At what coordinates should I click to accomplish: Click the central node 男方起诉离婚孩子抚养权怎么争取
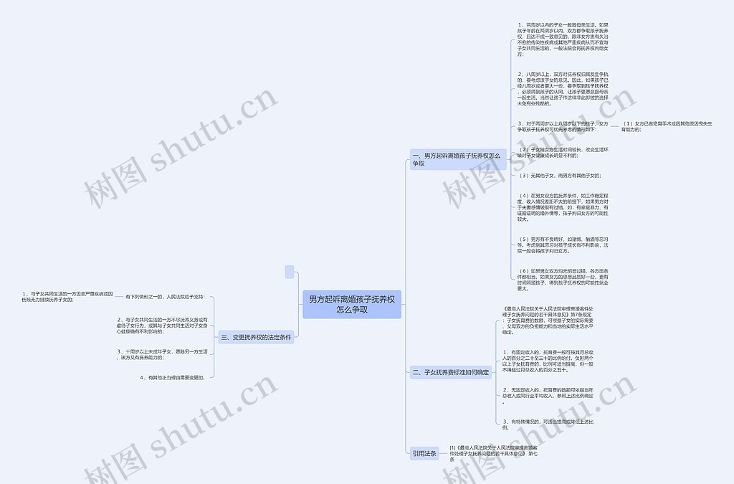[351, 304]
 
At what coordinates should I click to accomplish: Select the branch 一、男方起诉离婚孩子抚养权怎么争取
[456, 159]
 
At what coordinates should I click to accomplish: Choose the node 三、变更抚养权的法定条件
[256, 337]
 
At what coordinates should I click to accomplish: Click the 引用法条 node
[424, 453]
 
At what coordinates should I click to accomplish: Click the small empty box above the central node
[290, 272]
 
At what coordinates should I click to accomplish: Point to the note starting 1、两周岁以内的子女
[563, 39]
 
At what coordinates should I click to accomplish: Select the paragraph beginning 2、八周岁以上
[563, 88]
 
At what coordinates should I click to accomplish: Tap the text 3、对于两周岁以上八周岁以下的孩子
[563, 127]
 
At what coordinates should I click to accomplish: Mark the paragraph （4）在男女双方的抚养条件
[563, 207]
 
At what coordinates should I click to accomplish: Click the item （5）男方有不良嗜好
[563, 245]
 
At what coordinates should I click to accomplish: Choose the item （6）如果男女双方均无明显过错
[563, 280]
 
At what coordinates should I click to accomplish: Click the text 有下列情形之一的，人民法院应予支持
[165, 296]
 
